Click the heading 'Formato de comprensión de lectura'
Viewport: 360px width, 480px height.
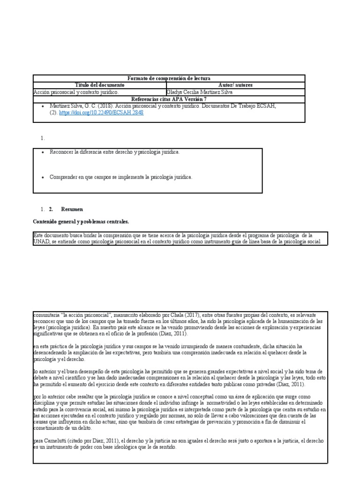pyautogui.click(x=169, y=78)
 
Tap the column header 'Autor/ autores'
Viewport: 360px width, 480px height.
pyautogui.click(x=235, y=85)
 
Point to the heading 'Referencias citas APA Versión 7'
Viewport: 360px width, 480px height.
pyautogui.click(x=169, y=99)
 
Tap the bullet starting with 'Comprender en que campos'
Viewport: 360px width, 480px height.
pyautogui.click(x=121, y=177)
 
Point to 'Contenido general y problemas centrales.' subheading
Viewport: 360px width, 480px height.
pyautogui.click(x=81, y=221)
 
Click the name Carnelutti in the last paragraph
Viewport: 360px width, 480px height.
pyautogui.click(x=58, y=441)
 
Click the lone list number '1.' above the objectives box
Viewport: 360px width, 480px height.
pyautogui.click(x=42, y=138)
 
